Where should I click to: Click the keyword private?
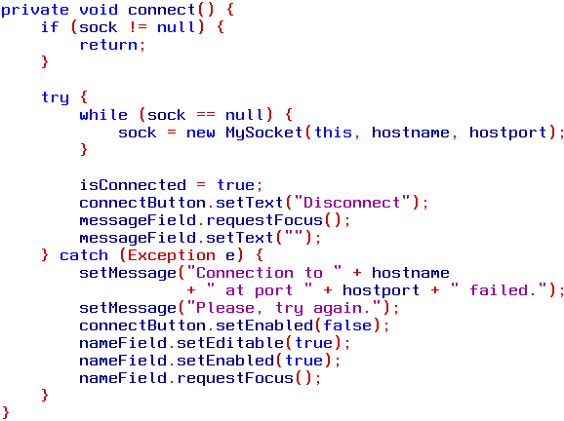click(x=34, y=11)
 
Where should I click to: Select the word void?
click(x=99, y=10)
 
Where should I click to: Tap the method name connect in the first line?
click(x=162, y=10)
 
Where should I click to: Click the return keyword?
click(x=108, y=45)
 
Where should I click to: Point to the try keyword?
click(x=55, y=98)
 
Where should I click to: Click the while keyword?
click(x=103, y=115)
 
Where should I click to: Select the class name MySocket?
click(x=264, y=134)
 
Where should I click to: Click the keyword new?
click(x=201, y=133)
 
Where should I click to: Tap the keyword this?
click(x=333, y=133)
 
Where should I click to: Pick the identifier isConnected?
click(x=133, y=185)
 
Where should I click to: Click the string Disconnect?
click(x=352, y=203)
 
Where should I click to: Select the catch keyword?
click(x=84, y=255)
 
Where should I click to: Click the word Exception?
click(x=172, y=255)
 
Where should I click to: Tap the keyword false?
click(x=347, y=325)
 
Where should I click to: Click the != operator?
click(x=138, y=27)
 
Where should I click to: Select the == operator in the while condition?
click(x=206, y=115)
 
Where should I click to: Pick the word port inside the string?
click(x=273, y=291)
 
